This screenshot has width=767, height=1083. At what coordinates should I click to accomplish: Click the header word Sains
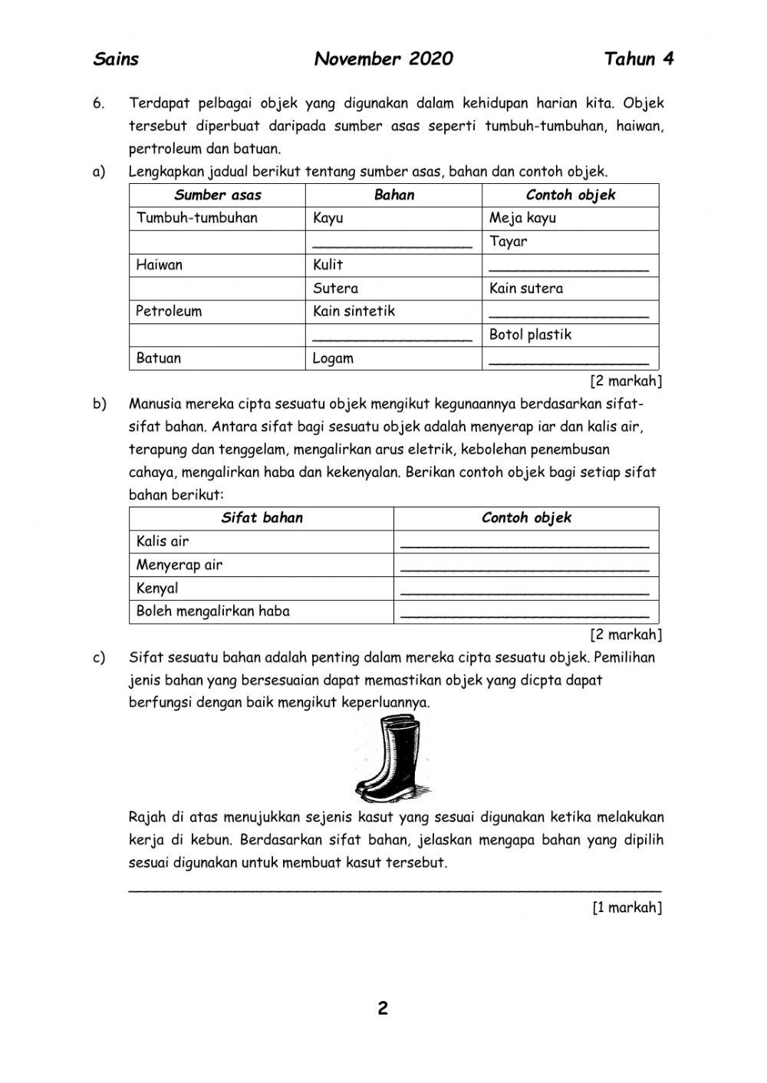pos(116,59)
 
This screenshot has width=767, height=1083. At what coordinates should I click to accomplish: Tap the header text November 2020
pos(383,59)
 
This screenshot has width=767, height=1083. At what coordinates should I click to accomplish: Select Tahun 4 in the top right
pos(639,59)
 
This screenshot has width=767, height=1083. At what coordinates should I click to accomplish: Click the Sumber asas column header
pos(218,195)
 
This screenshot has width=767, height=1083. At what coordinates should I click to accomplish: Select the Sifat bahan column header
pos(262,518)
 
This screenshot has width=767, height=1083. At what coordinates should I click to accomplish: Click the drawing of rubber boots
pos(385,758)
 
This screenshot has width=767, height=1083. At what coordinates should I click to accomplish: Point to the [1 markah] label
pos(627,907)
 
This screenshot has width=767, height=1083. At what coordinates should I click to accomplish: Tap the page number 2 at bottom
pos(383,1008)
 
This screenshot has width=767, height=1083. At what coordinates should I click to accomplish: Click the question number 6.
pos(98,103)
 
